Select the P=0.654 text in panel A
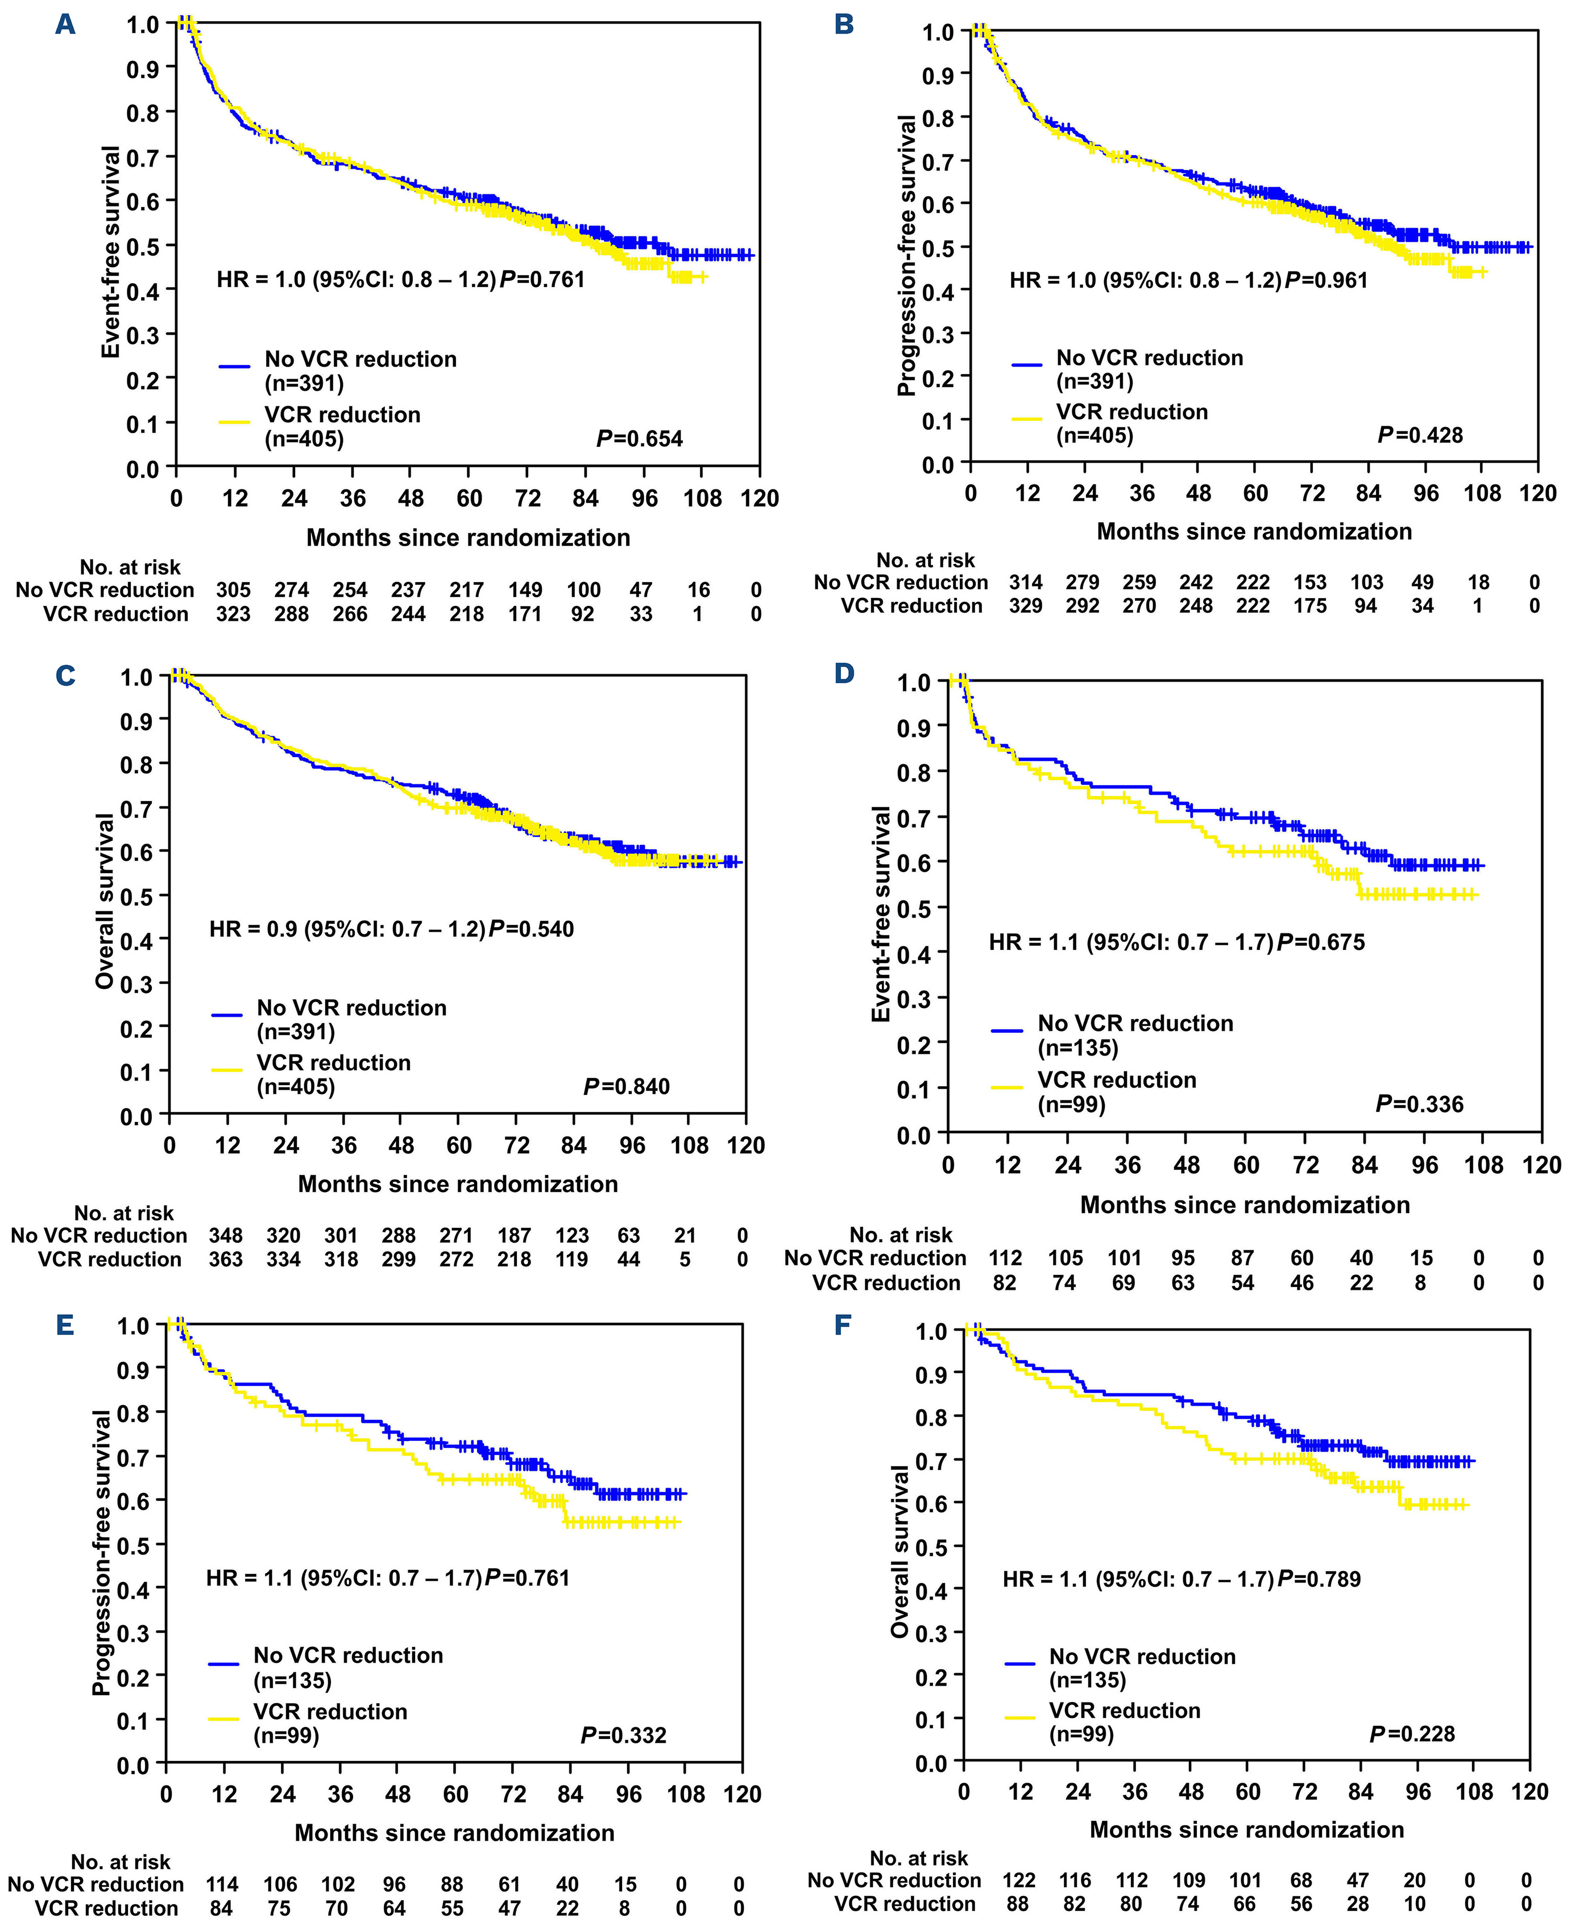639,439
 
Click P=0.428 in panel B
1419,435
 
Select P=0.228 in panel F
1412,1734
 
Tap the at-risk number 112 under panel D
1005,1258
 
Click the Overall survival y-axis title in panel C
106,900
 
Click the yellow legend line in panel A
234,421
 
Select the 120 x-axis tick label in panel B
1537,493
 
